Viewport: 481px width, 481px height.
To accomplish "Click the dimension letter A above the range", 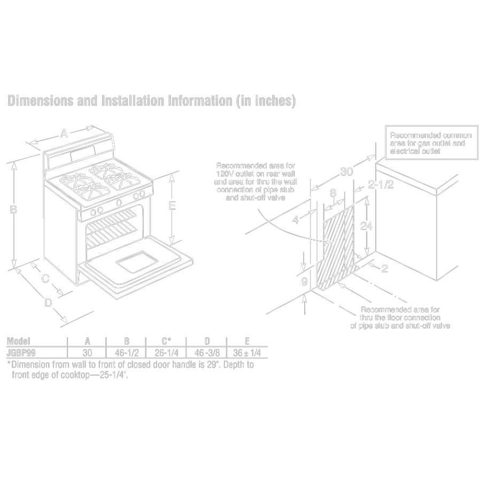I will (x=64, y=134).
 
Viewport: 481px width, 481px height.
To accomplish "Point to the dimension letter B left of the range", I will (x=14, y=210).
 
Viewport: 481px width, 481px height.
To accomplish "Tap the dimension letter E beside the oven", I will (x=172, y=206).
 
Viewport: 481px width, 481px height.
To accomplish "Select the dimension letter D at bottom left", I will (x=48, y=303).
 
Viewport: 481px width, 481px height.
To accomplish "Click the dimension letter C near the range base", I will (x=45, y=278).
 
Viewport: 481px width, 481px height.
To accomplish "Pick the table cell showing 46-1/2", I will (x=127, y=353).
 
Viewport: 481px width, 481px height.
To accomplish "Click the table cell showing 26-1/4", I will (x=166, y=353).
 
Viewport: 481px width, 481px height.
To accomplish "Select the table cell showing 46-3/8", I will (x=206, y=353).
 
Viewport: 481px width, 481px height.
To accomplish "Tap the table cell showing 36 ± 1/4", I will (x=246, y=353).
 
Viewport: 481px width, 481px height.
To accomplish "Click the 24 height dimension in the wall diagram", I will (x=366, y=226).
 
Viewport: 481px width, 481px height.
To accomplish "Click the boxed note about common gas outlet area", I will (x=430, y=144).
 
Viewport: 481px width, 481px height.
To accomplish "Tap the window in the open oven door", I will (x=137, y=262).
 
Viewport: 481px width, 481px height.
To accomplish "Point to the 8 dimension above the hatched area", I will (x=332, y=192).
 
